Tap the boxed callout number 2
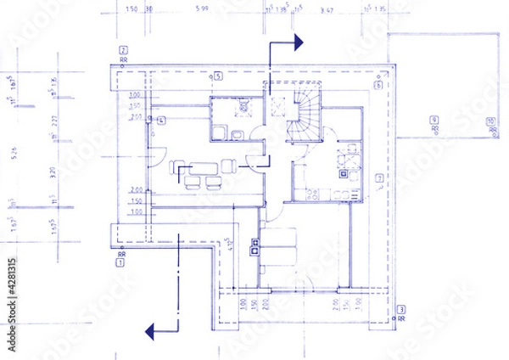pyautogui.click(x=124, y=50)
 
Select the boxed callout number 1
pyautogui.click(x=120, y=262)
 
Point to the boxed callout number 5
pyautogui.click(x=218, y=76)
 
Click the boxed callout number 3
pyautogui.click(x=401, y=308)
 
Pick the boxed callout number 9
pyautogui.click(x=433, y=119)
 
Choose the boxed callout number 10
pyautogui.click(x=490, y=121)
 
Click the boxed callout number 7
pyautogui.click(x=378, y=177)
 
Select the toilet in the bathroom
pyautogui.click(x=240, y=110)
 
